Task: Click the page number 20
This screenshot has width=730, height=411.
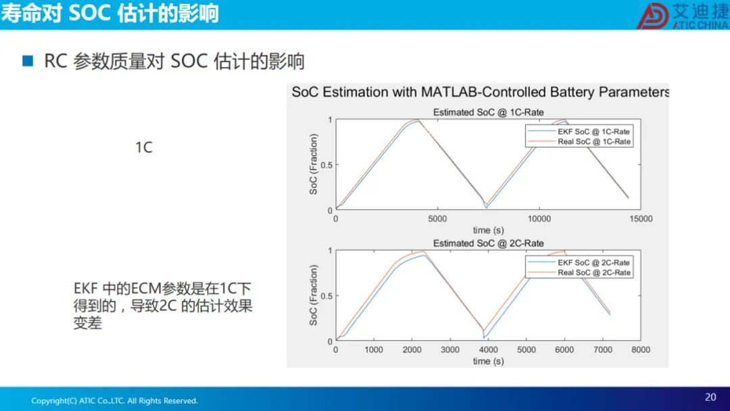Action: (710, 397)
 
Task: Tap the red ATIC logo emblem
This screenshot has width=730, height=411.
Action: (653, 16)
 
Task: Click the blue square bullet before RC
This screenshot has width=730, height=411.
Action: (28, 61)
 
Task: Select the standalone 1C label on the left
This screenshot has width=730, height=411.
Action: (144, 147)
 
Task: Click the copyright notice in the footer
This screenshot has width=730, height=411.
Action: (114, 401)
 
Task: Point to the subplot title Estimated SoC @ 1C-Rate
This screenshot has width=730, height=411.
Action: (489, 112)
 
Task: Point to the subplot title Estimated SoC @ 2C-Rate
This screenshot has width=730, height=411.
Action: (489, 243)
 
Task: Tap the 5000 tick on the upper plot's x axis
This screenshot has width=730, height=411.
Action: (437, 219)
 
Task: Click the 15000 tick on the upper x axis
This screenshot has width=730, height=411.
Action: (641, 219)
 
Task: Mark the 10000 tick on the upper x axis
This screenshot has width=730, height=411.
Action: (539, 219)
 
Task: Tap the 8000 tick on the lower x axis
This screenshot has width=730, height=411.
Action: (641, 349)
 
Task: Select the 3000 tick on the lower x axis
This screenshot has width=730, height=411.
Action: (450, 349)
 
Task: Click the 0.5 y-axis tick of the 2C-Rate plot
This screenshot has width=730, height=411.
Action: (326, 296)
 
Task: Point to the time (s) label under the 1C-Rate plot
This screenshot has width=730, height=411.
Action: (489, 230)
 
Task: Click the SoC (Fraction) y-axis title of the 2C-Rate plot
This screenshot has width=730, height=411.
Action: (314, 295)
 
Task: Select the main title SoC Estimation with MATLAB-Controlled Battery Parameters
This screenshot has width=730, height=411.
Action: (481, 92)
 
